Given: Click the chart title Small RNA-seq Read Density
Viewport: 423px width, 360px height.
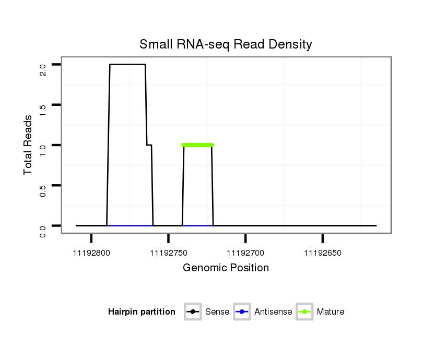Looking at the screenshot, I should pyautogui.click(x=226, y=44).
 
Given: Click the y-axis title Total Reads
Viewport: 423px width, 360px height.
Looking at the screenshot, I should pyautogui.click(x=28, y=145).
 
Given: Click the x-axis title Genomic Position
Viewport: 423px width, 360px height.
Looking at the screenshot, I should pyautogui.click(x=226, y=268).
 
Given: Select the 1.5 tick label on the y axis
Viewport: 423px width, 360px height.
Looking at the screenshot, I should pyautogui.click(x=43, y=110).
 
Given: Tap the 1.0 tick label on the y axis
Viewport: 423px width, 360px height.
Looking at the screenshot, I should pyautogui.click(x=43, y=150).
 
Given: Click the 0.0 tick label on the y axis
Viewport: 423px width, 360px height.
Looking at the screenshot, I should pyautogui.click(x=43, y=231).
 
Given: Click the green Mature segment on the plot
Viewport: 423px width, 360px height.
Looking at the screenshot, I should pyautogui.click(x=198, y=145).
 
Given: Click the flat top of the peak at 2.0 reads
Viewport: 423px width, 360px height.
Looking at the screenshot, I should pyautogui.click(x=127, y=65).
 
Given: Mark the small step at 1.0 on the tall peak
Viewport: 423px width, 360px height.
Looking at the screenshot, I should pyautogui.click(x=149, y=145).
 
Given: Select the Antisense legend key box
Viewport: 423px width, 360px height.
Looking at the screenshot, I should pyautogui.click(x=242, y=312).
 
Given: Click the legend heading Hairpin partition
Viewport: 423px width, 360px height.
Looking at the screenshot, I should pyautogui.click(x=142, y=312).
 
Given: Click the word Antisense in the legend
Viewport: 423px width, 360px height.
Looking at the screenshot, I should pyautogui.click(x=273, y=312).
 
